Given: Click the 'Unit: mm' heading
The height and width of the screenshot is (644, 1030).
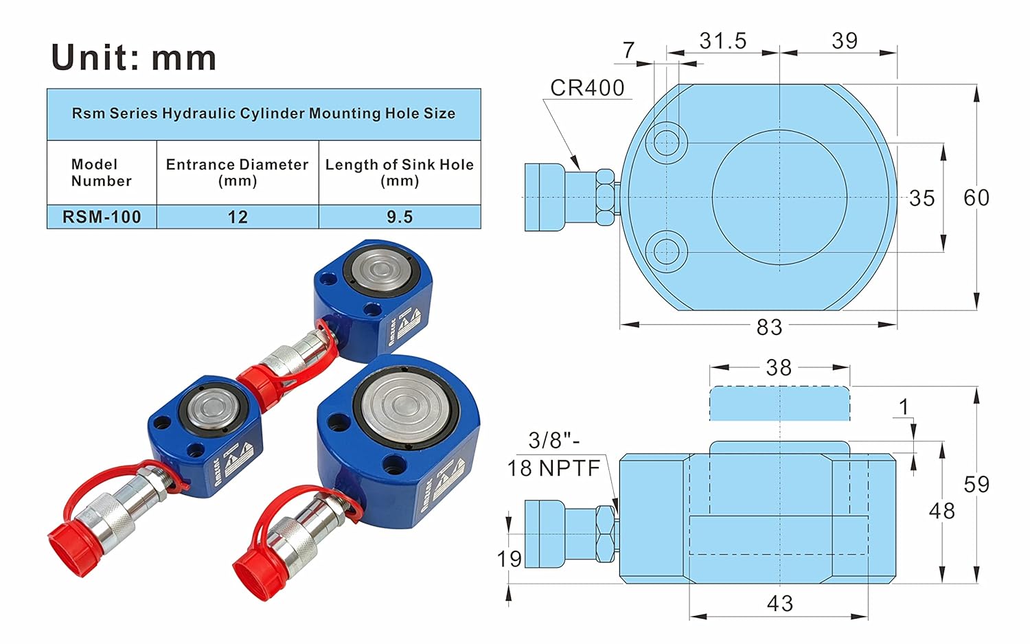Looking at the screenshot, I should click(x=134, y=58).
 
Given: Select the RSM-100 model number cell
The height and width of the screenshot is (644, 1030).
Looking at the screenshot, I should click(x=102, y=217).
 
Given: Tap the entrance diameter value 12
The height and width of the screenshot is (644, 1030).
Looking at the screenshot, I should click(x=238, y=217).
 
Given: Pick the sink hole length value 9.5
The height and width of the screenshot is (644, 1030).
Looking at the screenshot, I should click(x=400, y=217).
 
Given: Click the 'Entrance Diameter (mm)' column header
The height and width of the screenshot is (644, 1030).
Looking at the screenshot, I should click(x=238, y=172).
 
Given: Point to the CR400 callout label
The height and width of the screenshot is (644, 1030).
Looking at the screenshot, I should click(x=587, y=88).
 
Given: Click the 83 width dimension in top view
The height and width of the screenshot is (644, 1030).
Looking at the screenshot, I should click(x=769, y=327).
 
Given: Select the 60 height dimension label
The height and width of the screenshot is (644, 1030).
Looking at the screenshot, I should click(x=976, y=198).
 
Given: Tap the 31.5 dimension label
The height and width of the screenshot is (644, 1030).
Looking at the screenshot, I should click(x=723, y=41).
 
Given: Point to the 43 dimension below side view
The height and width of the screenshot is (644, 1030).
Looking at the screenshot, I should click(x=779, y=603).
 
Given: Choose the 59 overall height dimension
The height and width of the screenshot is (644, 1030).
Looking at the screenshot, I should click(x=976, y=485).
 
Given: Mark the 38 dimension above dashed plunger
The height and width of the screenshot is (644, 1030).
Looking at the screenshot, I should click(x=779, y=368).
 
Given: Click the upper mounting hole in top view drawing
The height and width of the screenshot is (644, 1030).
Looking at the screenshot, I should click(x=665, y=143).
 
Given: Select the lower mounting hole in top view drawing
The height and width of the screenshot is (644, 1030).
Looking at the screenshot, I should click(x=665, y=252).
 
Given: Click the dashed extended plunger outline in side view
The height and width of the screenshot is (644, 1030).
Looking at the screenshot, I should click(x=779, y=404).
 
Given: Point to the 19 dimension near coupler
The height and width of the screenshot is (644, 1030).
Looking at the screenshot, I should click(x=510, y=559).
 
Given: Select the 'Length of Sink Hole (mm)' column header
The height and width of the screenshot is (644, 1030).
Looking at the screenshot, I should click(x=400, y=172).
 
